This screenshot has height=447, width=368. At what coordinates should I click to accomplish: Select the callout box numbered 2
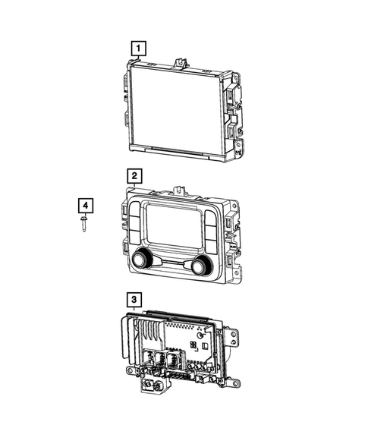click(x=134, y=177)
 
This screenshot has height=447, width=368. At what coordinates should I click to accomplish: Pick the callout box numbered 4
click(x=86, y=206)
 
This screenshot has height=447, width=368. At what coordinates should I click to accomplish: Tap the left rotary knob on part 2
click(x=141, y=262)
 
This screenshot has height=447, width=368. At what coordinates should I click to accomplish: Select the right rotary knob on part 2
click(x=200, y=266)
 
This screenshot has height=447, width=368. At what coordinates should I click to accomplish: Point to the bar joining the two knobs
click(x=171, y=263)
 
